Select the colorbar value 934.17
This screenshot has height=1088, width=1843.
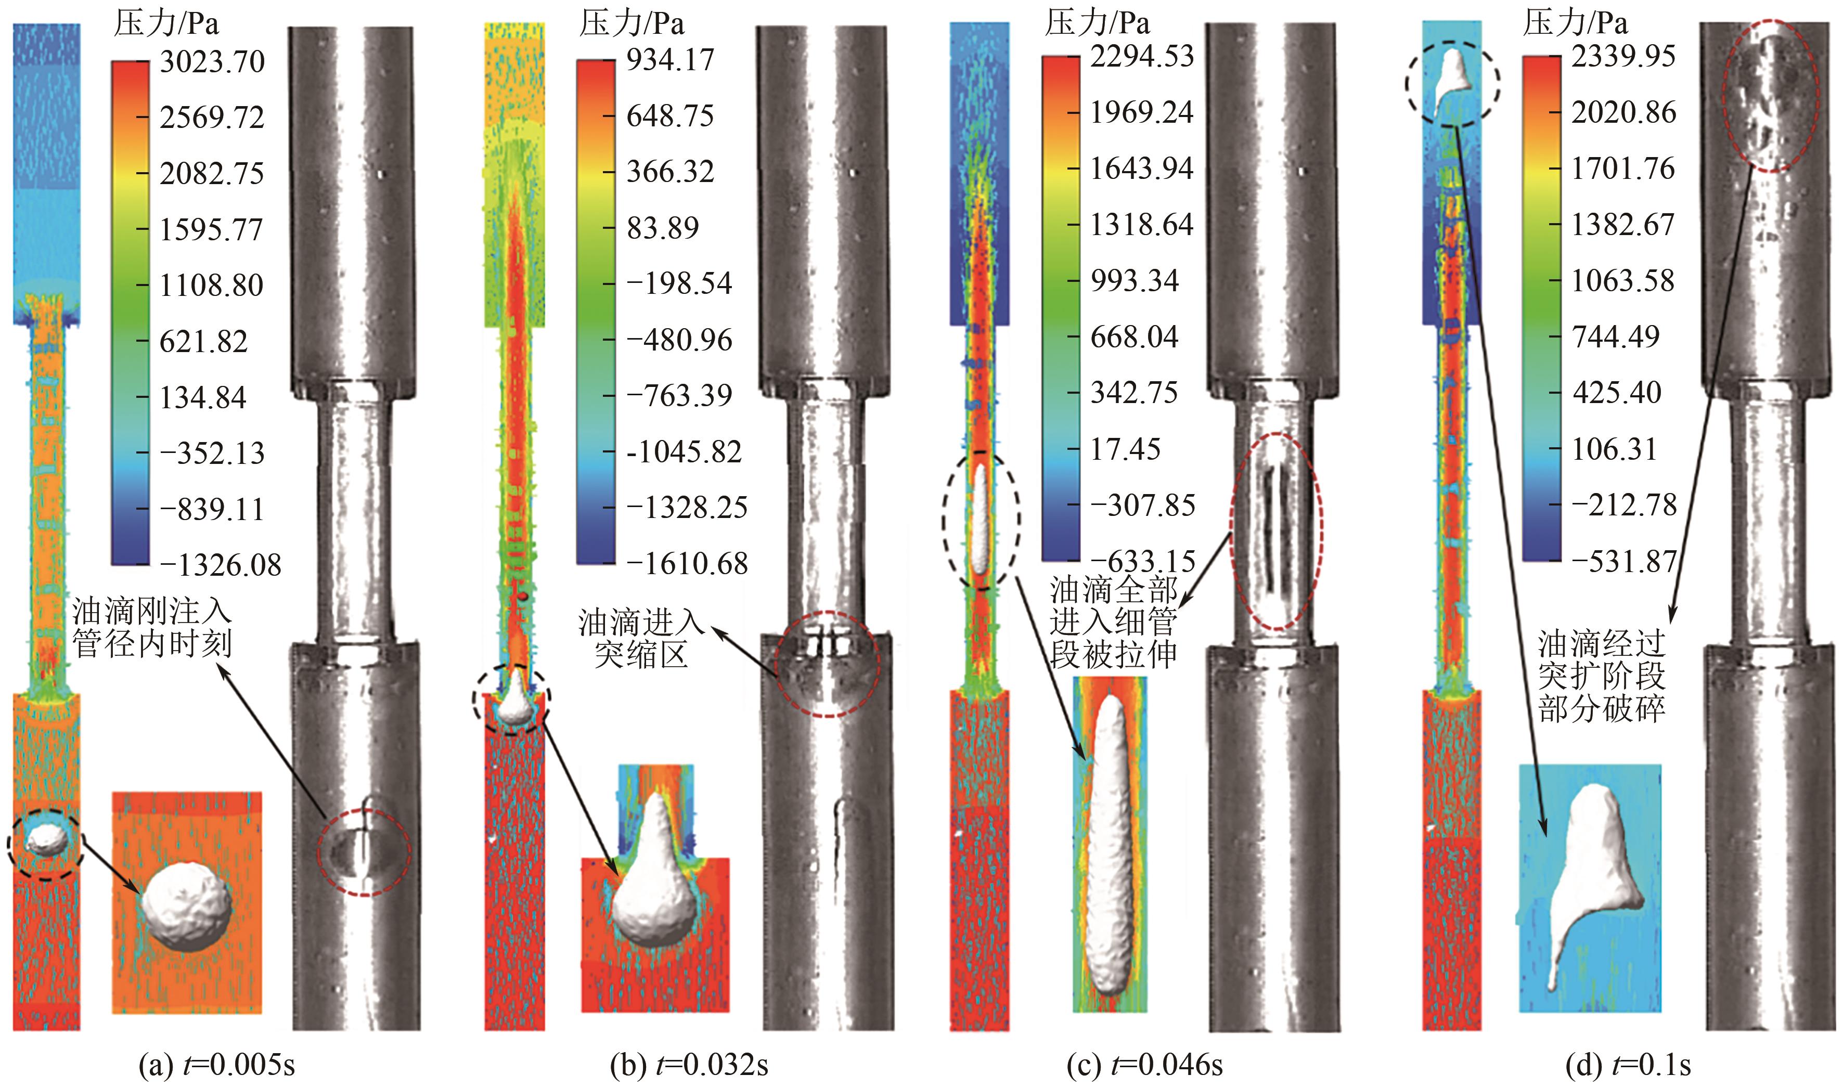click(x=670, y=59)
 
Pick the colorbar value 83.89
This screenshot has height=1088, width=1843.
click(x=663, y=227)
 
